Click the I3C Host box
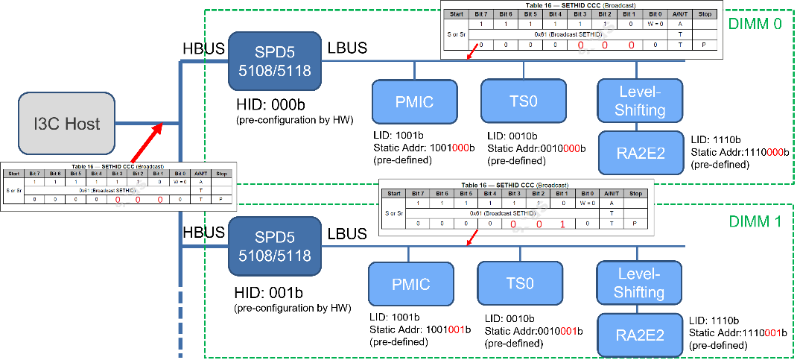pyautogui.click(x=67, y=123)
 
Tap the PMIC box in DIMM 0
pyautogui.click(x=413, y=101)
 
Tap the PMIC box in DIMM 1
pyautogui.click(x=410, y=284)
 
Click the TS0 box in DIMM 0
pyautogui.click(x=523, y=101)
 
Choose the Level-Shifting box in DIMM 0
pyautogui.click(x=641, y=101)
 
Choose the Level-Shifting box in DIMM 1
pyautogui.click(x=639, y=282)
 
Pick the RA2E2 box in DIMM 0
pyautogui.click(x=641, y=154)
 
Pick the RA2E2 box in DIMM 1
pyautogui.click(x=640, y=335)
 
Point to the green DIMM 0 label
pyautogui.click(x=755, y=24)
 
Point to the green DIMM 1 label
pyautogui.click(x=755, y=221)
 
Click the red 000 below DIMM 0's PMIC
pyautogui.click(x=460, y=148)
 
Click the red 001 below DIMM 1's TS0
pyautogui.click(x=568, y=330)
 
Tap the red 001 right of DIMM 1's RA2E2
pyautogui.click(x=772, y=332)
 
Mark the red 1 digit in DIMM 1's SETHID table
pyautogui.click(x=563, y=224)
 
